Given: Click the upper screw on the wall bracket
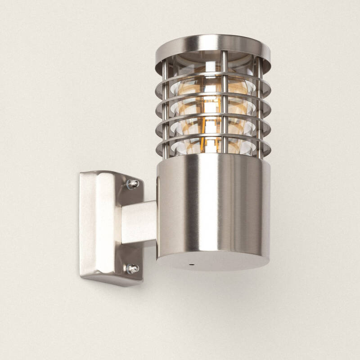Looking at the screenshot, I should tap(132, 184).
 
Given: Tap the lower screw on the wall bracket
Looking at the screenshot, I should tap(132, 269).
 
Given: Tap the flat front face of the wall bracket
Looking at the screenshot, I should tap(97, 225).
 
